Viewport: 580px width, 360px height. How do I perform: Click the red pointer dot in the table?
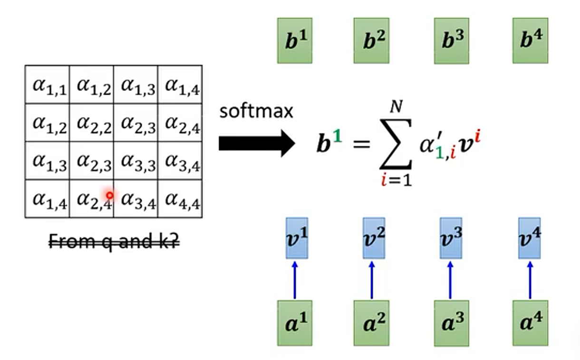point(109,195)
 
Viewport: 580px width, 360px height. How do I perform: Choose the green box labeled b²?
point(371,41)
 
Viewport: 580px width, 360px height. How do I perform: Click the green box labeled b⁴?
point(530,41)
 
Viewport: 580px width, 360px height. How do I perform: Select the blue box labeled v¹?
point(297,238)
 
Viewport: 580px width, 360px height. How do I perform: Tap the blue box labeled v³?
point(451,238)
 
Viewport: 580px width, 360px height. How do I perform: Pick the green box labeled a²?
point(371,323)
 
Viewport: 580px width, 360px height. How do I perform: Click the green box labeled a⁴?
point(530,323)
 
